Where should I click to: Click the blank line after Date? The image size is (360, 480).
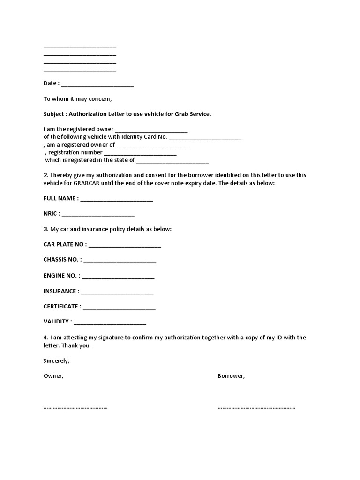pyautogui.click(x=97, y=85)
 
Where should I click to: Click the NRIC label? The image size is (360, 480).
pyautogui.click(x=51, y=214)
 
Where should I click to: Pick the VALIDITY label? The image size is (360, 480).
pyautogui.click(x=58, y=322)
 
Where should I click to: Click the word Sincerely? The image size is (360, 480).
pyautogui.click(x=56, y=361)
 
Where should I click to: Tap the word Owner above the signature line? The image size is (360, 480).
pyautogui.click(x=53, y=376)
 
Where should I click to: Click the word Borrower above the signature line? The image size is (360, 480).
pyautogui.click(x=231, y=376)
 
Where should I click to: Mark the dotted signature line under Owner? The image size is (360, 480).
pyautogui.click(x=75, y=407)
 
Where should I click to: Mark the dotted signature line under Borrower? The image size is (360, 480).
pyautogui.click(x=256, y=407)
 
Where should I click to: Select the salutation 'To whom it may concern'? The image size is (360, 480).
pyautogui.click(x=78, y=99)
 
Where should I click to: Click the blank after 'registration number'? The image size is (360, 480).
pyautogui.click(x=140, y=153)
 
